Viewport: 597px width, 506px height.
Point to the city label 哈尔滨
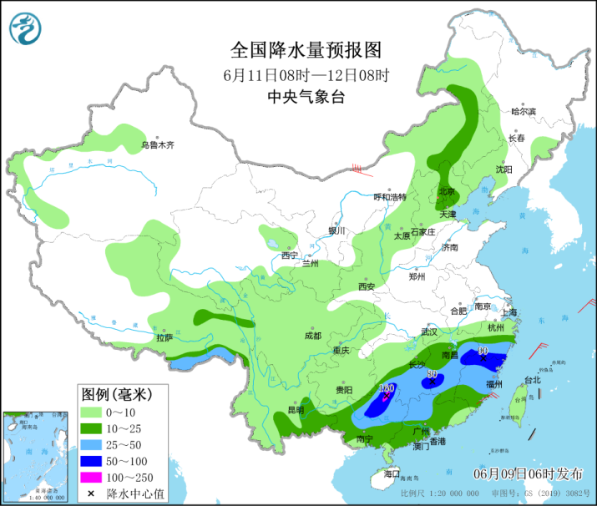[524, 111]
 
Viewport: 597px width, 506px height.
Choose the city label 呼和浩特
[389, 197]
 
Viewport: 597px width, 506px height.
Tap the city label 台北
[532, 380]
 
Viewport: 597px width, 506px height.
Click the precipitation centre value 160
[387, 388]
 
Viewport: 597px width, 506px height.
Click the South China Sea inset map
[37, 454]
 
